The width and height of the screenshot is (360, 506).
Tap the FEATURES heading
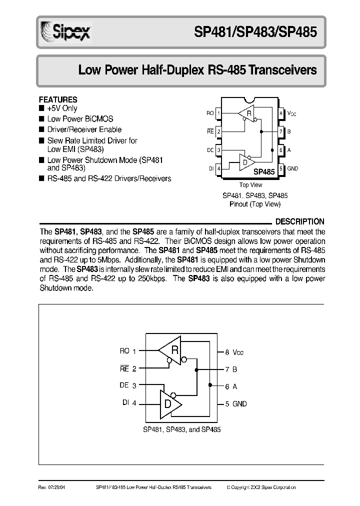(x=58, y=99)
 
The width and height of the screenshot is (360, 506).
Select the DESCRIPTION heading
(x=300, y=221)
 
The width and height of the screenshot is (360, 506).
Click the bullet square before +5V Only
(x=41, y=108)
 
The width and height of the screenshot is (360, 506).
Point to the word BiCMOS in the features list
(x=98, y=119)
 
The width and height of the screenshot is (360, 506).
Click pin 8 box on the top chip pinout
(x=281, y=113)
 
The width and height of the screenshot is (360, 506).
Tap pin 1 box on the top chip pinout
(x=218, y=113)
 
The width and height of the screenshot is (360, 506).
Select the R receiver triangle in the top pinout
(x=247, y=114)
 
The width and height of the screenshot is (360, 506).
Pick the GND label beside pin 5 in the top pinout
(x=292, y=169)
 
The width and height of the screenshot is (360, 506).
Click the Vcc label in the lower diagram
(x=238, y=352)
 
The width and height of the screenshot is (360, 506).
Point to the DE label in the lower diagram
(x=124, y=385)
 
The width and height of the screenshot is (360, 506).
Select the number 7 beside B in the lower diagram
(x=227, y=369)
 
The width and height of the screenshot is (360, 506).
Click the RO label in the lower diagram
(x=124, y=351)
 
